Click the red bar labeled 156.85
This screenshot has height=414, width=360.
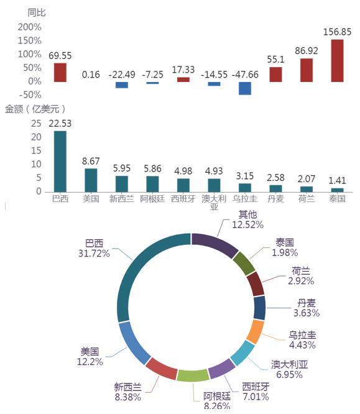click(337, 61)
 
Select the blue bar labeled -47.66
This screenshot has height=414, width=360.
click(245, 88)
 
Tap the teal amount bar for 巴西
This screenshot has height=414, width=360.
click(60, 162)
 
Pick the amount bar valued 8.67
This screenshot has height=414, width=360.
click(91, 180)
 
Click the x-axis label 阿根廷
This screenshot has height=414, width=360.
click(152, 198)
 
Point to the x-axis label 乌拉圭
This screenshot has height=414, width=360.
click(245, 198)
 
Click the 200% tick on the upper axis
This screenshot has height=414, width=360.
click(30, 27)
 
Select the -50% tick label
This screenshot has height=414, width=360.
click(30, 94)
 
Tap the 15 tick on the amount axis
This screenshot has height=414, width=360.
click(36, 150)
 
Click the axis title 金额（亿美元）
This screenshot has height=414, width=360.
click(35, 109)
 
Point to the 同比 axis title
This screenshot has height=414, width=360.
click(37, 12)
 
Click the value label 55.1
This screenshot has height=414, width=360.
click(275, 60)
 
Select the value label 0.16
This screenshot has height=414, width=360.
click(91, 75)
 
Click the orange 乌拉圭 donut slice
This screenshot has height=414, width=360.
click(256, 332)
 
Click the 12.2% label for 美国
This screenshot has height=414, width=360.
click(90, 362)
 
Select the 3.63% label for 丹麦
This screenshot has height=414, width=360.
click(307, 313)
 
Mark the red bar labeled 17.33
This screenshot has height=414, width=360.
click(183, 80)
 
